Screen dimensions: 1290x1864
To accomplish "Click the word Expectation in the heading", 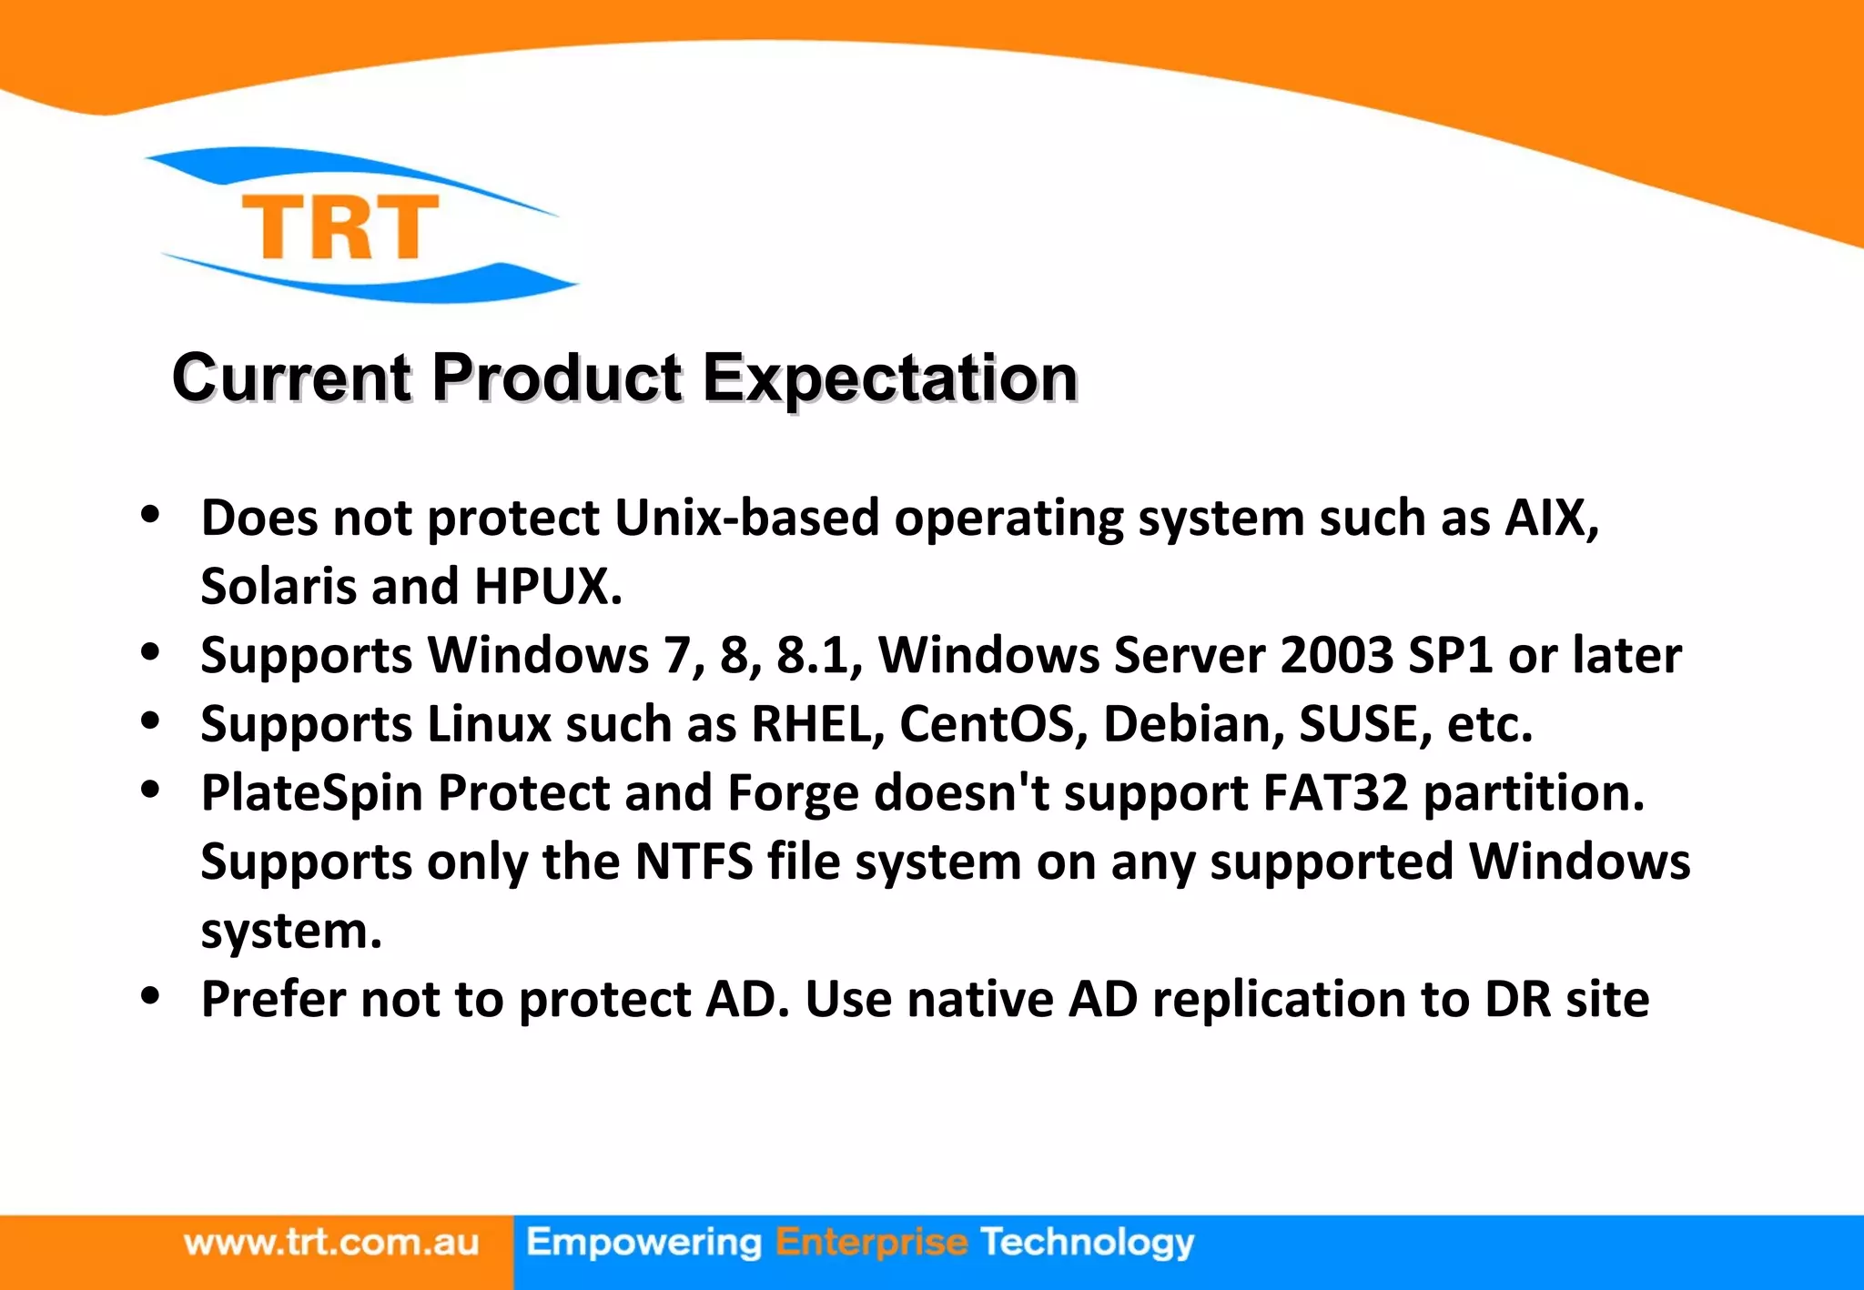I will coord(890,378).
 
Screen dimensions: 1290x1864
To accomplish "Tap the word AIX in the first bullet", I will coord(1550,519).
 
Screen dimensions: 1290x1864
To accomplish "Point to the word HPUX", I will coord(547,587).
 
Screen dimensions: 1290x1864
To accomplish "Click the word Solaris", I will coord(279,587).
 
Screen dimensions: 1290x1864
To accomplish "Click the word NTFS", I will coord(694,862).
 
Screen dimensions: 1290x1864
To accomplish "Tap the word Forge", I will coord(793,795).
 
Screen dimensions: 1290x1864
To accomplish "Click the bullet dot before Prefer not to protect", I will coord(151,996).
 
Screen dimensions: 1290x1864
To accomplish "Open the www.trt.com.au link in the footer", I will coord(331,1243).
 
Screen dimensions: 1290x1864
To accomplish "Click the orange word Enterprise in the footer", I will coord(871,1243).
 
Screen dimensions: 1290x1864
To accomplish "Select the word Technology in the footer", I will coord(1087,1243).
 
